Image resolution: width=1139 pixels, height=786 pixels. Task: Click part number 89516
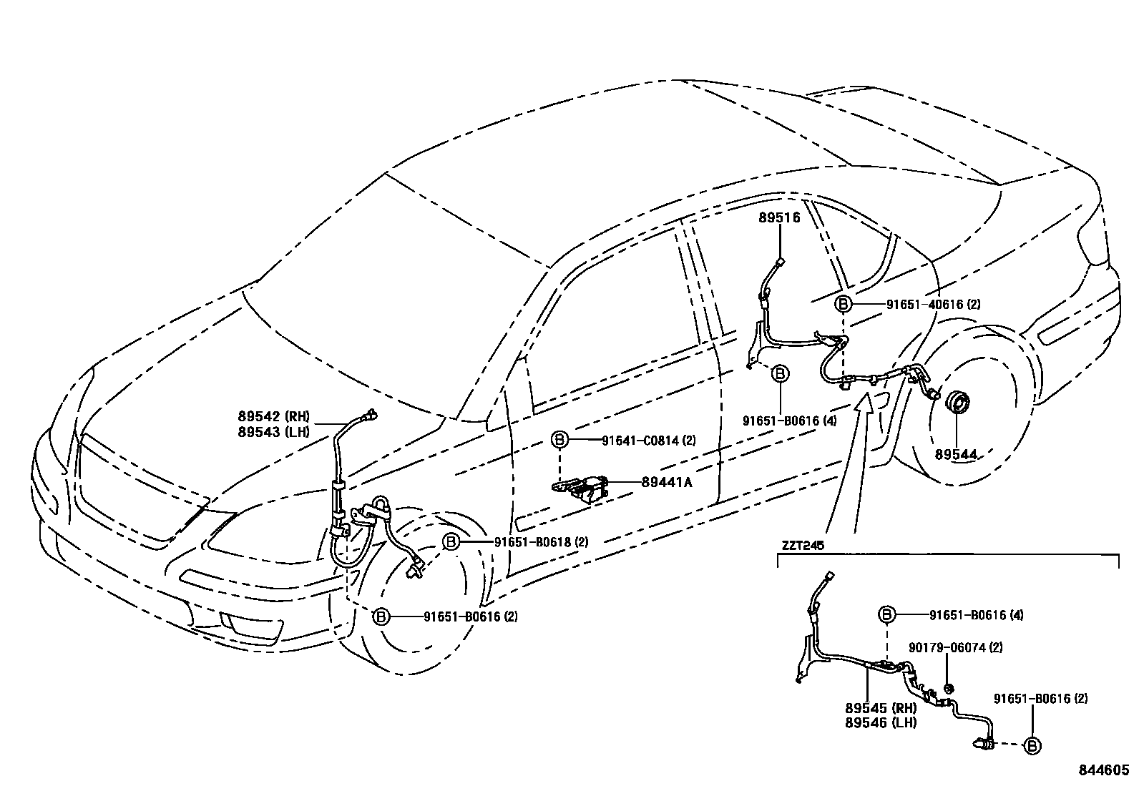coord(779,218)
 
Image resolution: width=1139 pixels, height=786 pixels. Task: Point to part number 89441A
coord(666,482)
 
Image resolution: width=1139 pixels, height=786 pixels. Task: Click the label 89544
coord(956,453)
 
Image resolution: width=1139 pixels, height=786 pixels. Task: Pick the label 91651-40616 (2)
coord(933,304)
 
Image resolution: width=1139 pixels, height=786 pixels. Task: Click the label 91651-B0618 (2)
coord(541,542)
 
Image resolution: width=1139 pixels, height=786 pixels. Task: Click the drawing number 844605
coord(1104,770)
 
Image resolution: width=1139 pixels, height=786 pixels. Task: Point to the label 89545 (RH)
coord(880,708)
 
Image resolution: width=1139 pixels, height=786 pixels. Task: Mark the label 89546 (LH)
coord(880,722)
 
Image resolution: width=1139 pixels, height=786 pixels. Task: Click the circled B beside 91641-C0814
coord(559,440)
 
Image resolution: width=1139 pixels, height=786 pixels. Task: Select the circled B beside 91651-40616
coord(843,304)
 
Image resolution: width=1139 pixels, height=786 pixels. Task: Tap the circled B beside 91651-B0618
coord(451,542)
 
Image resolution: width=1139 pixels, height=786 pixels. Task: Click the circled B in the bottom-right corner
coord(1032,746)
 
